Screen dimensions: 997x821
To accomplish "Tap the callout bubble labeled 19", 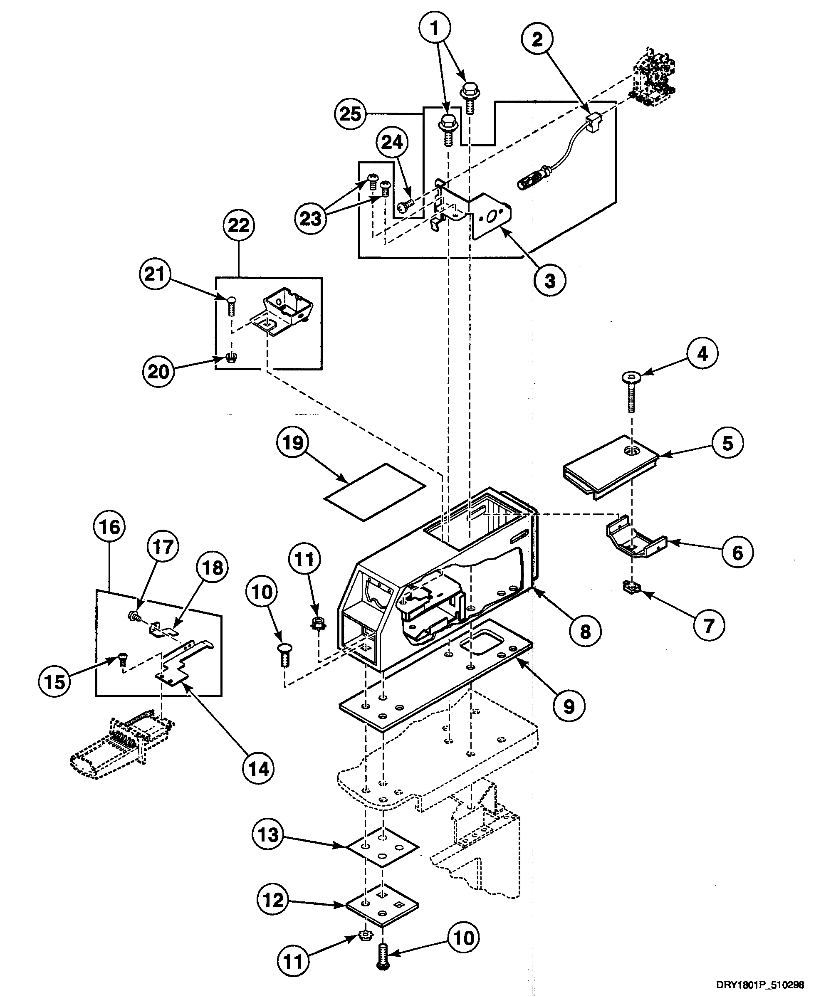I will click(x=293, y=442).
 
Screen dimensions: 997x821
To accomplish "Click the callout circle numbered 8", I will click(x=586, y=631).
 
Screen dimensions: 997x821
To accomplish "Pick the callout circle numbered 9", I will click(x=569, y=706).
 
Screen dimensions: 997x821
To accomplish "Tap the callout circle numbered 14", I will click(x=259, y=769).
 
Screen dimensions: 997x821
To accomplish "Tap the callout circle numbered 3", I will click(x=549, y=280).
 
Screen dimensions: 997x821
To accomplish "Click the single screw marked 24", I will click(x=404, y=205).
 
